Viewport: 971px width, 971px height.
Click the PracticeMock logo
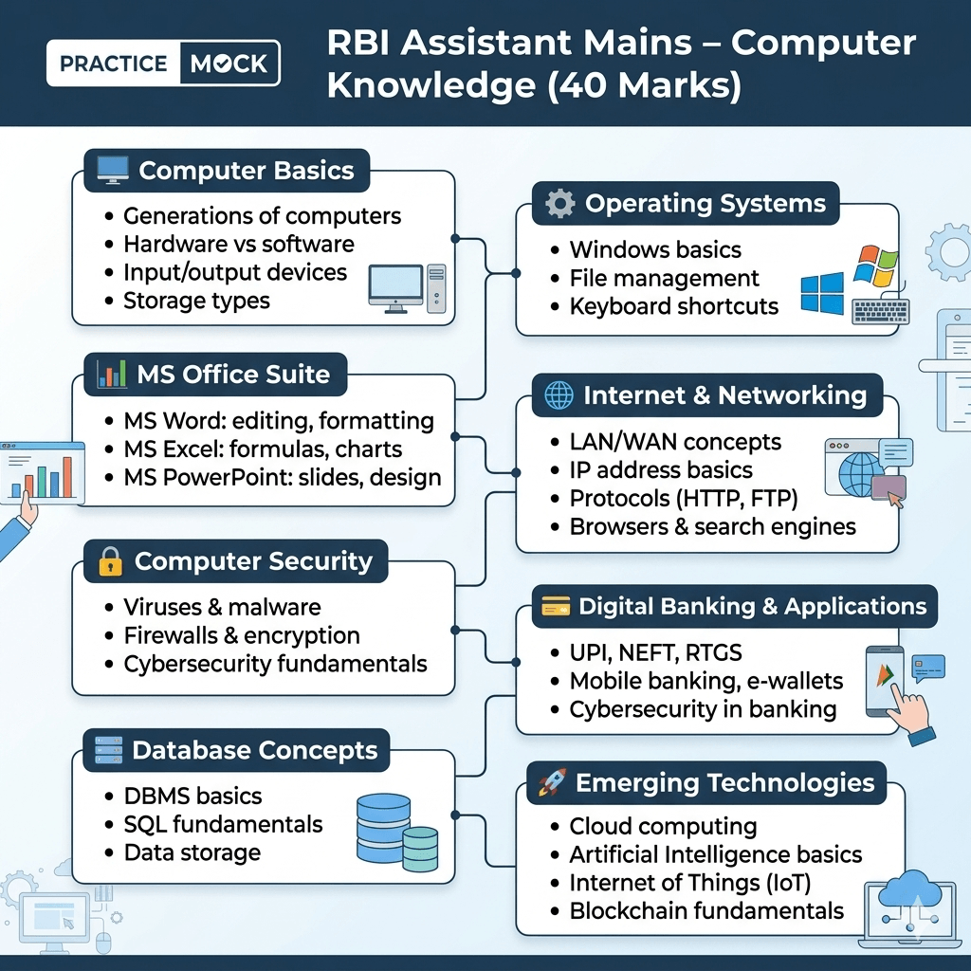163,64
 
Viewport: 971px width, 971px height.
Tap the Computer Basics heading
246,171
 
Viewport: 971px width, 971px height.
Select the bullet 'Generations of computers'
262,216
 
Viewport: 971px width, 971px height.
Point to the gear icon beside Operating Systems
560,204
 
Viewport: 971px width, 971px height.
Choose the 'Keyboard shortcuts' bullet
673,306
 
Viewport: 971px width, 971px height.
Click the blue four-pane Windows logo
821,294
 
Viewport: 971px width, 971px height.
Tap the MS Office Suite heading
233,374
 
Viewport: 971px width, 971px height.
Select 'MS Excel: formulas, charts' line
263,449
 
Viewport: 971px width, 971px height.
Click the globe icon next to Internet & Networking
559,395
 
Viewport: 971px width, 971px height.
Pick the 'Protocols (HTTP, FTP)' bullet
683,499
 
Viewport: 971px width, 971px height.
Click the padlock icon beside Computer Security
111,562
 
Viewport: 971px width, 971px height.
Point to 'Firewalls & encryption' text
242,635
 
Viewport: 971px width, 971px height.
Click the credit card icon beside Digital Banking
556,607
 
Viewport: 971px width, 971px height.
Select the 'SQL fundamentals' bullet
223,824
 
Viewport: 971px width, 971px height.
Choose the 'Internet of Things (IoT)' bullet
689,883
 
